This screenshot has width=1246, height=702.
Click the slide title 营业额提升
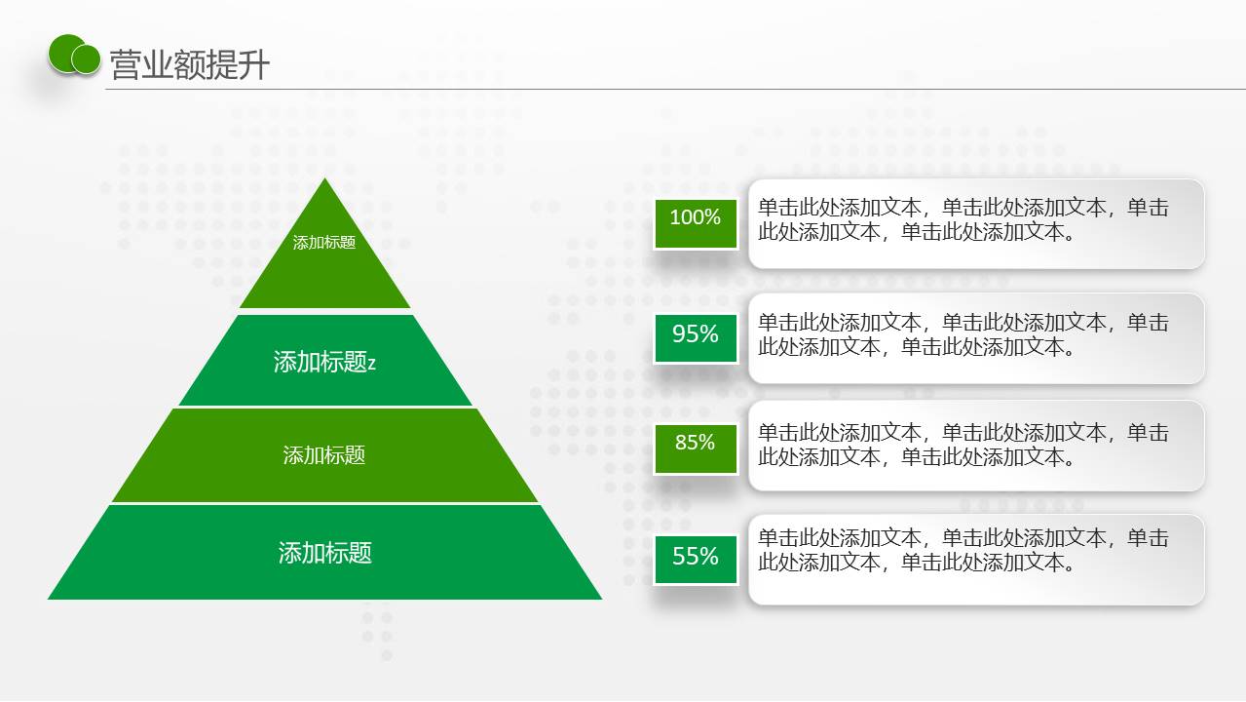click(x=190, y=65)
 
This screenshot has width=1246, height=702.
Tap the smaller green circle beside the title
click(x=87, y=59)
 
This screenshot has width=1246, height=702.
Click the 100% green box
click(x=696, y=223)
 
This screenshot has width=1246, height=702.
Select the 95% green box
click(x=696, y=338)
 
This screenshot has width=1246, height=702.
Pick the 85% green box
click(x=696, y=448)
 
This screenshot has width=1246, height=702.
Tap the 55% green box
click(x=696, y=560)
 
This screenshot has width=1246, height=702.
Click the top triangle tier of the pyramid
click(x=324, y=261)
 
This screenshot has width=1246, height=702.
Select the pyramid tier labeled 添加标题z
click(x=324, y=360)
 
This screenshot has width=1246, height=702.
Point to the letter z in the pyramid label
click(x=371, y=364)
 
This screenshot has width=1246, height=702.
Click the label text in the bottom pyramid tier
click(x=324, y=553)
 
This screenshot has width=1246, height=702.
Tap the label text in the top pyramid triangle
click(x=324, y=242)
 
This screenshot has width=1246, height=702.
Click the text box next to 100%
click(x=976, y=224)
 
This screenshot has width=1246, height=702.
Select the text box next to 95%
click(x=976, y=338)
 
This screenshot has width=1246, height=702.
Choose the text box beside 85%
click(x=976, y=446)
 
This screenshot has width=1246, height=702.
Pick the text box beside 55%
click(x=976, y=560)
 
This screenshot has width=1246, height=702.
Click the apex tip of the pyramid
click(x=324, y=178)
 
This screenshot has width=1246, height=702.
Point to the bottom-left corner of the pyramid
click(x=49, y=599)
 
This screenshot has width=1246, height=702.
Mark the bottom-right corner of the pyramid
click(x=601, y=599)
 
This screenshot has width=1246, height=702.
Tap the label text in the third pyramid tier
click(x=324, y=455)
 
